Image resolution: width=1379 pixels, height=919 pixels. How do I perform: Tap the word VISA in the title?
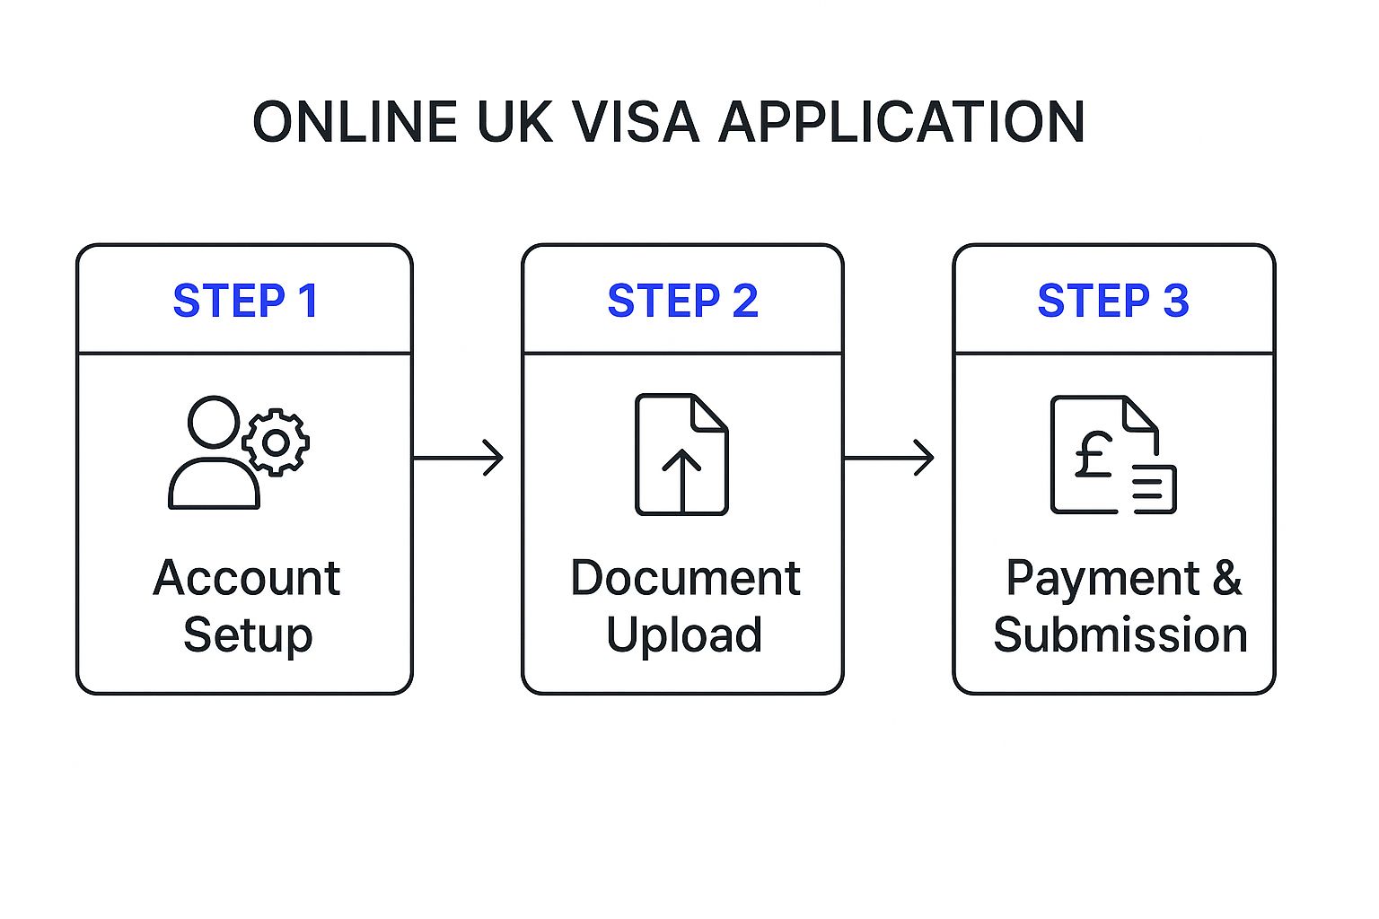click(x=636, y=122)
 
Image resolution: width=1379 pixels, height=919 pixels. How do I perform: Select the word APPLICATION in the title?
click(x=902, y=122)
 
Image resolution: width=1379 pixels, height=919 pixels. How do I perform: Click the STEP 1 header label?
click(x=245, y=301)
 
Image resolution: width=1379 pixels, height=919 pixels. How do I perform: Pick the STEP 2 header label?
click(x=682, y=301)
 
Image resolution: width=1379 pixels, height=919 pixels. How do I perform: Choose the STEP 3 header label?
click(x=1113, y=301)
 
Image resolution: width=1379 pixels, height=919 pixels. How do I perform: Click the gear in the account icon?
click(x=276, y=442)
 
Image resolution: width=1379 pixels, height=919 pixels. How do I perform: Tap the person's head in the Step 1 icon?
click(x=214, y=422)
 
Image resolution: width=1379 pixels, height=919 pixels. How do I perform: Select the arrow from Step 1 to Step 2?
click(x=458, y=458)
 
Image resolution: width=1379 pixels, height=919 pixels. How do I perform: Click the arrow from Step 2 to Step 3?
click(x=889, y=458)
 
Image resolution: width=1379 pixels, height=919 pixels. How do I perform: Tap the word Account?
click(x=247, y=578)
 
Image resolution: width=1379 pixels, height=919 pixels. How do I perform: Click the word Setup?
click(x=248, y=635)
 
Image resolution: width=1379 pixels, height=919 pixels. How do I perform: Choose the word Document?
click(x=685, y=578)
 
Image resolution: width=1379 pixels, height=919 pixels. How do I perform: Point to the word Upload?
click(x=684, y=635)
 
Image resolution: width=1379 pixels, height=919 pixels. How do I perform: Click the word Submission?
click(x=1120, y=635)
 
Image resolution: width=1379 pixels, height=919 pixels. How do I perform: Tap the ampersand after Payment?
click(x=1226, y=578)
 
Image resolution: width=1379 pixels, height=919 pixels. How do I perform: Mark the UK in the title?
click(x=514, y=122)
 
